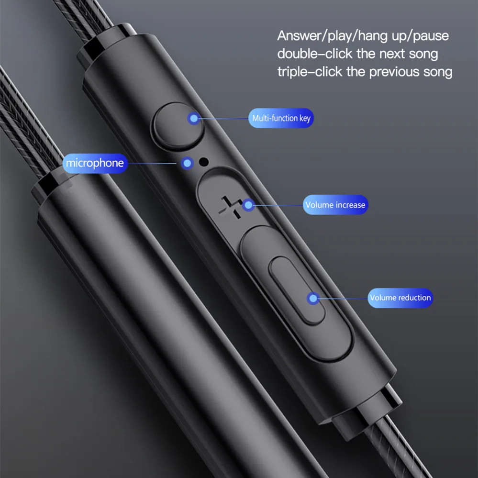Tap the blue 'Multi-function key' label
[281, 118]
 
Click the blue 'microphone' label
[95, 163]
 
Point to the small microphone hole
[204, 162]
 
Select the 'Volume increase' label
[335, 205]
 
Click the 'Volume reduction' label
[400, 298]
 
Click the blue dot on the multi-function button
[193, 118]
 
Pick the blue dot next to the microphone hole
[187, 163]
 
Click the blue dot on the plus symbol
[247, 205]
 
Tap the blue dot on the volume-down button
[313, 298]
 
